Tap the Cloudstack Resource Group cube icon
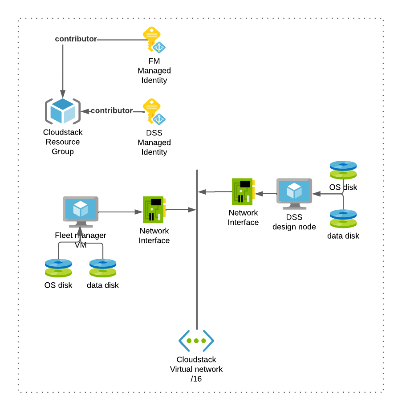click(x=63, y=111)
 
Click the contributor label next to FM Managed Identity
click(x=76, y=39)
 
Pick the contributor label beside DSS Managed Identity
click(x=112, y=110)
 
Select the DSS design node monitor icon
click(x=294, y=193)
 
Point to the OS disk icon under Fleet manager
click(x=58, y=268)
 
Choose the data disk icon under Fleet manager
click(x=103, y=268)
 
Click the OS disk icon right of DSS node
click(x=343, y=170)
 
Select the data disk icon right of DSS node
click(x=343, y=219)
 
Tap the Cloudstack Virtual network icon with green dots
click(x=196, y=341)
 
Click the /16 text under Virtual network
click(x=196, y=379)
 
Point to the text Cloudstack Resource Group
click(x=63, y=142)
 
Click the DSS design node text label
click(x=294, y=222)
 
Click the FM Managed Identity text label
click(x=154, y=71)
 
